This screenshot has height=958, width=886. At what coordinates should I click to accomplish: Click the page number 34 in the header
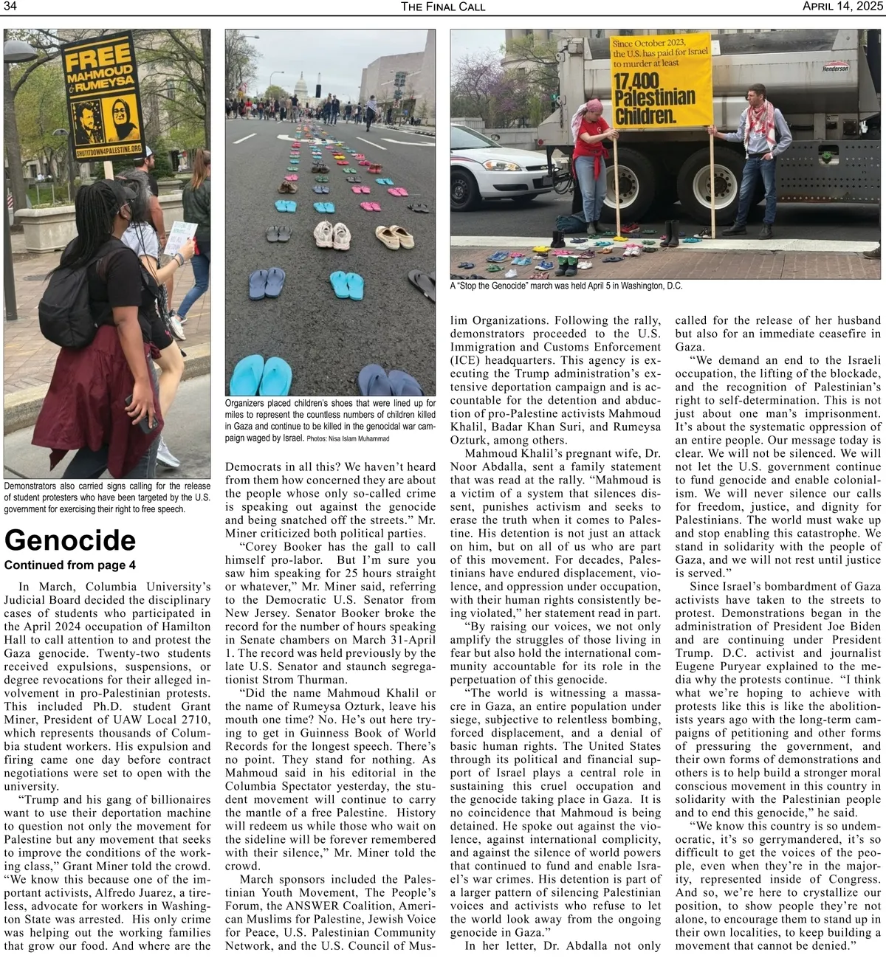[10, 7]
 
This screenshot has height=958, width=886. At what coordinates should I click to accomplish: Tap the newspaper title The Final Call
[443, 7]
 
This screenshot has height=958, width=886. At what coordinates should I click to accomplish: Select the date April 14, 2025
[842, 7]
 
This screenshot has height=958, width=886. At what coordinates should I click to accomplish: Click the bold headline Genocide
[70, 540]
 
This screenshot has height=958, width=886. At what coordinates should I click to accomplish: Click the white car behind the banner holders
[502, 173]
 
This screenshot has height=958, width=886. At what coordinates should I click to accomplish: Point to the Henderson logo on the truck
[835, 68]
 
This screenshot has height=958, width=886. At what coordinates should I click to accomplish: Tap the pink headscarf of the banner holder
[593, 108]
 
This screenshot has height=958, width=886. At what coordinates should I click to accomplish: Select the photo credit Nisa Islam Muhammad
[347, 438]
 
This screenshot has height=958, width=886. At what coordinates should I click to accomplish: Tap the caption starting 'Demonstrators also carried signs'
[107, 497]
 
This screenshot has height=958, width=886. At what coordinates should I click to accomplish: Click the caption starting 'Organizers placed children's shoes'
[330, 420]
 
